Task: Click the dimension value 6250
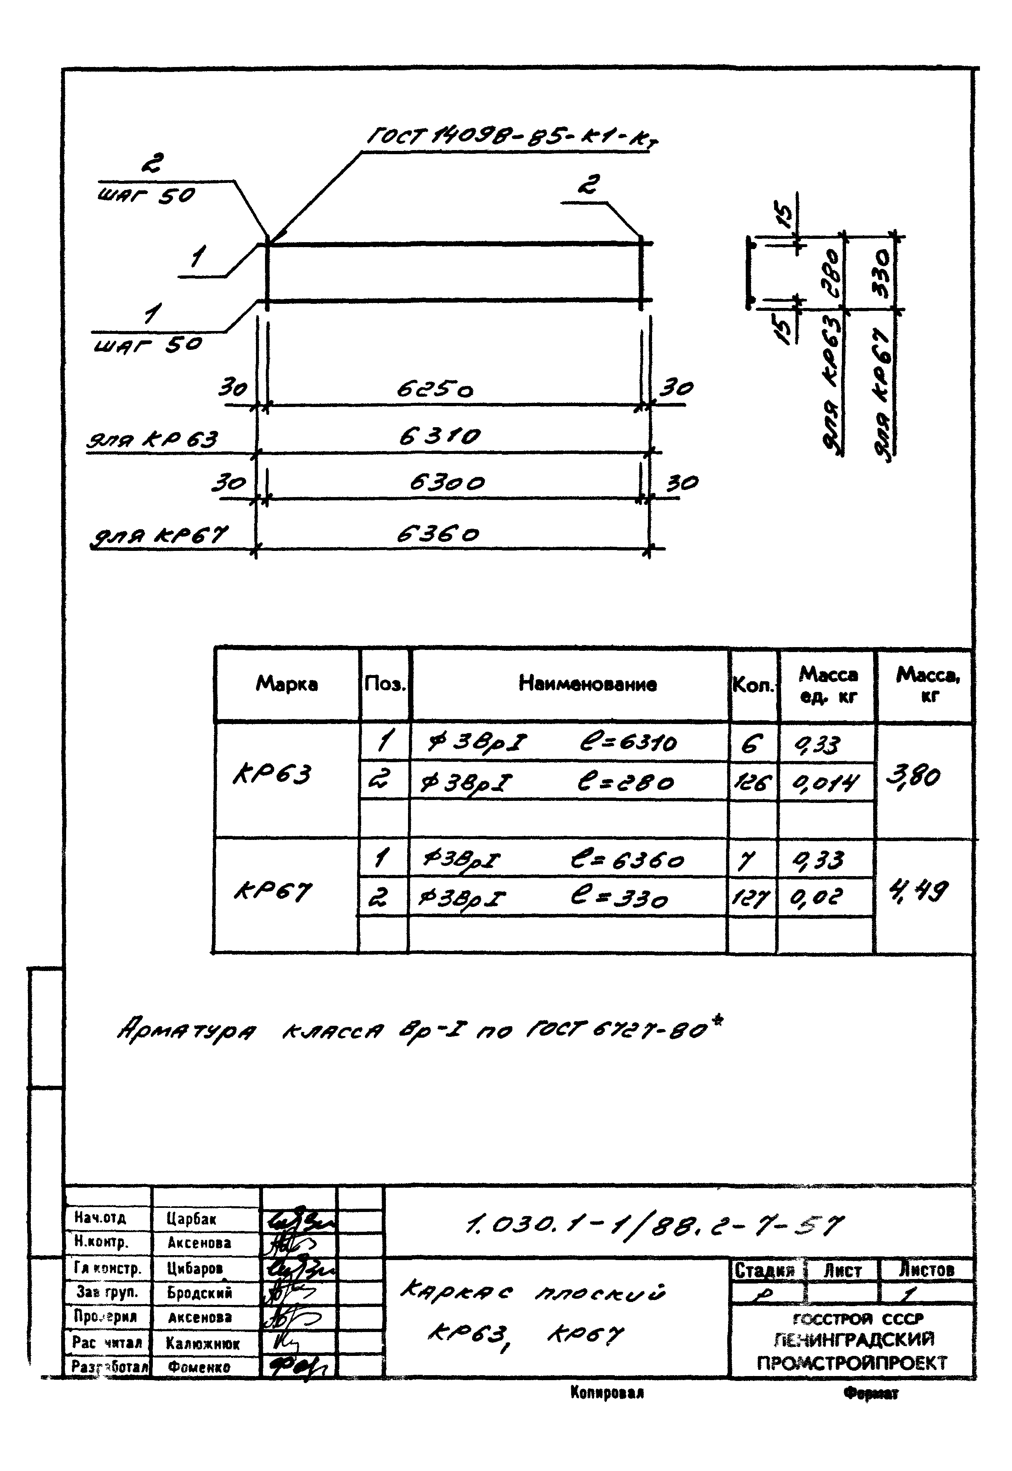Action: click(x=435, y=389)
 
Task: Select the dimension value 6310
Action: click(x=439, y=437)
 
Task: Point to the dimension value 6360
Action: click(x=438, y=535)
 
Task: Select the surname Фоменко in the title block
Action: click(x=199, y=1367)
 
